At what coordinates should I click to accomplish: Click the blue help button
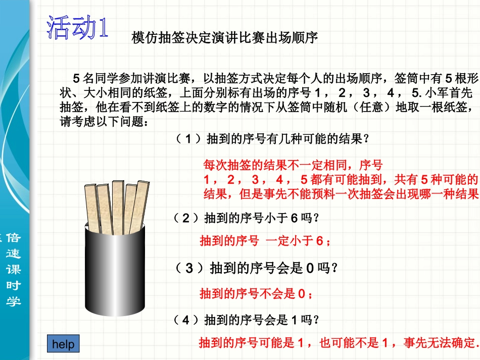(x=63, y=344)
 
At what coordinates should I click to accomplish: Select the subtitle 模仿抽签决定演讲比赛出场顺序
(x=224, y=37)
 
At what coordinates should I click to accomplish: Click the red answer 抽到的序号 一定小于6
(x=265, y=241)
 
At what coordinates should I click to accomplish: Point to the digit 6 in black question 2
(x=295, y=218)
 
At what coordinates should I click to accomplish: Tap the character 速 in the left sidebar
(x=14, y=253)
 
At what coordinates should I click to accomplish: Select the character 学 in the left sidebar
(x=14, y=301)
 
